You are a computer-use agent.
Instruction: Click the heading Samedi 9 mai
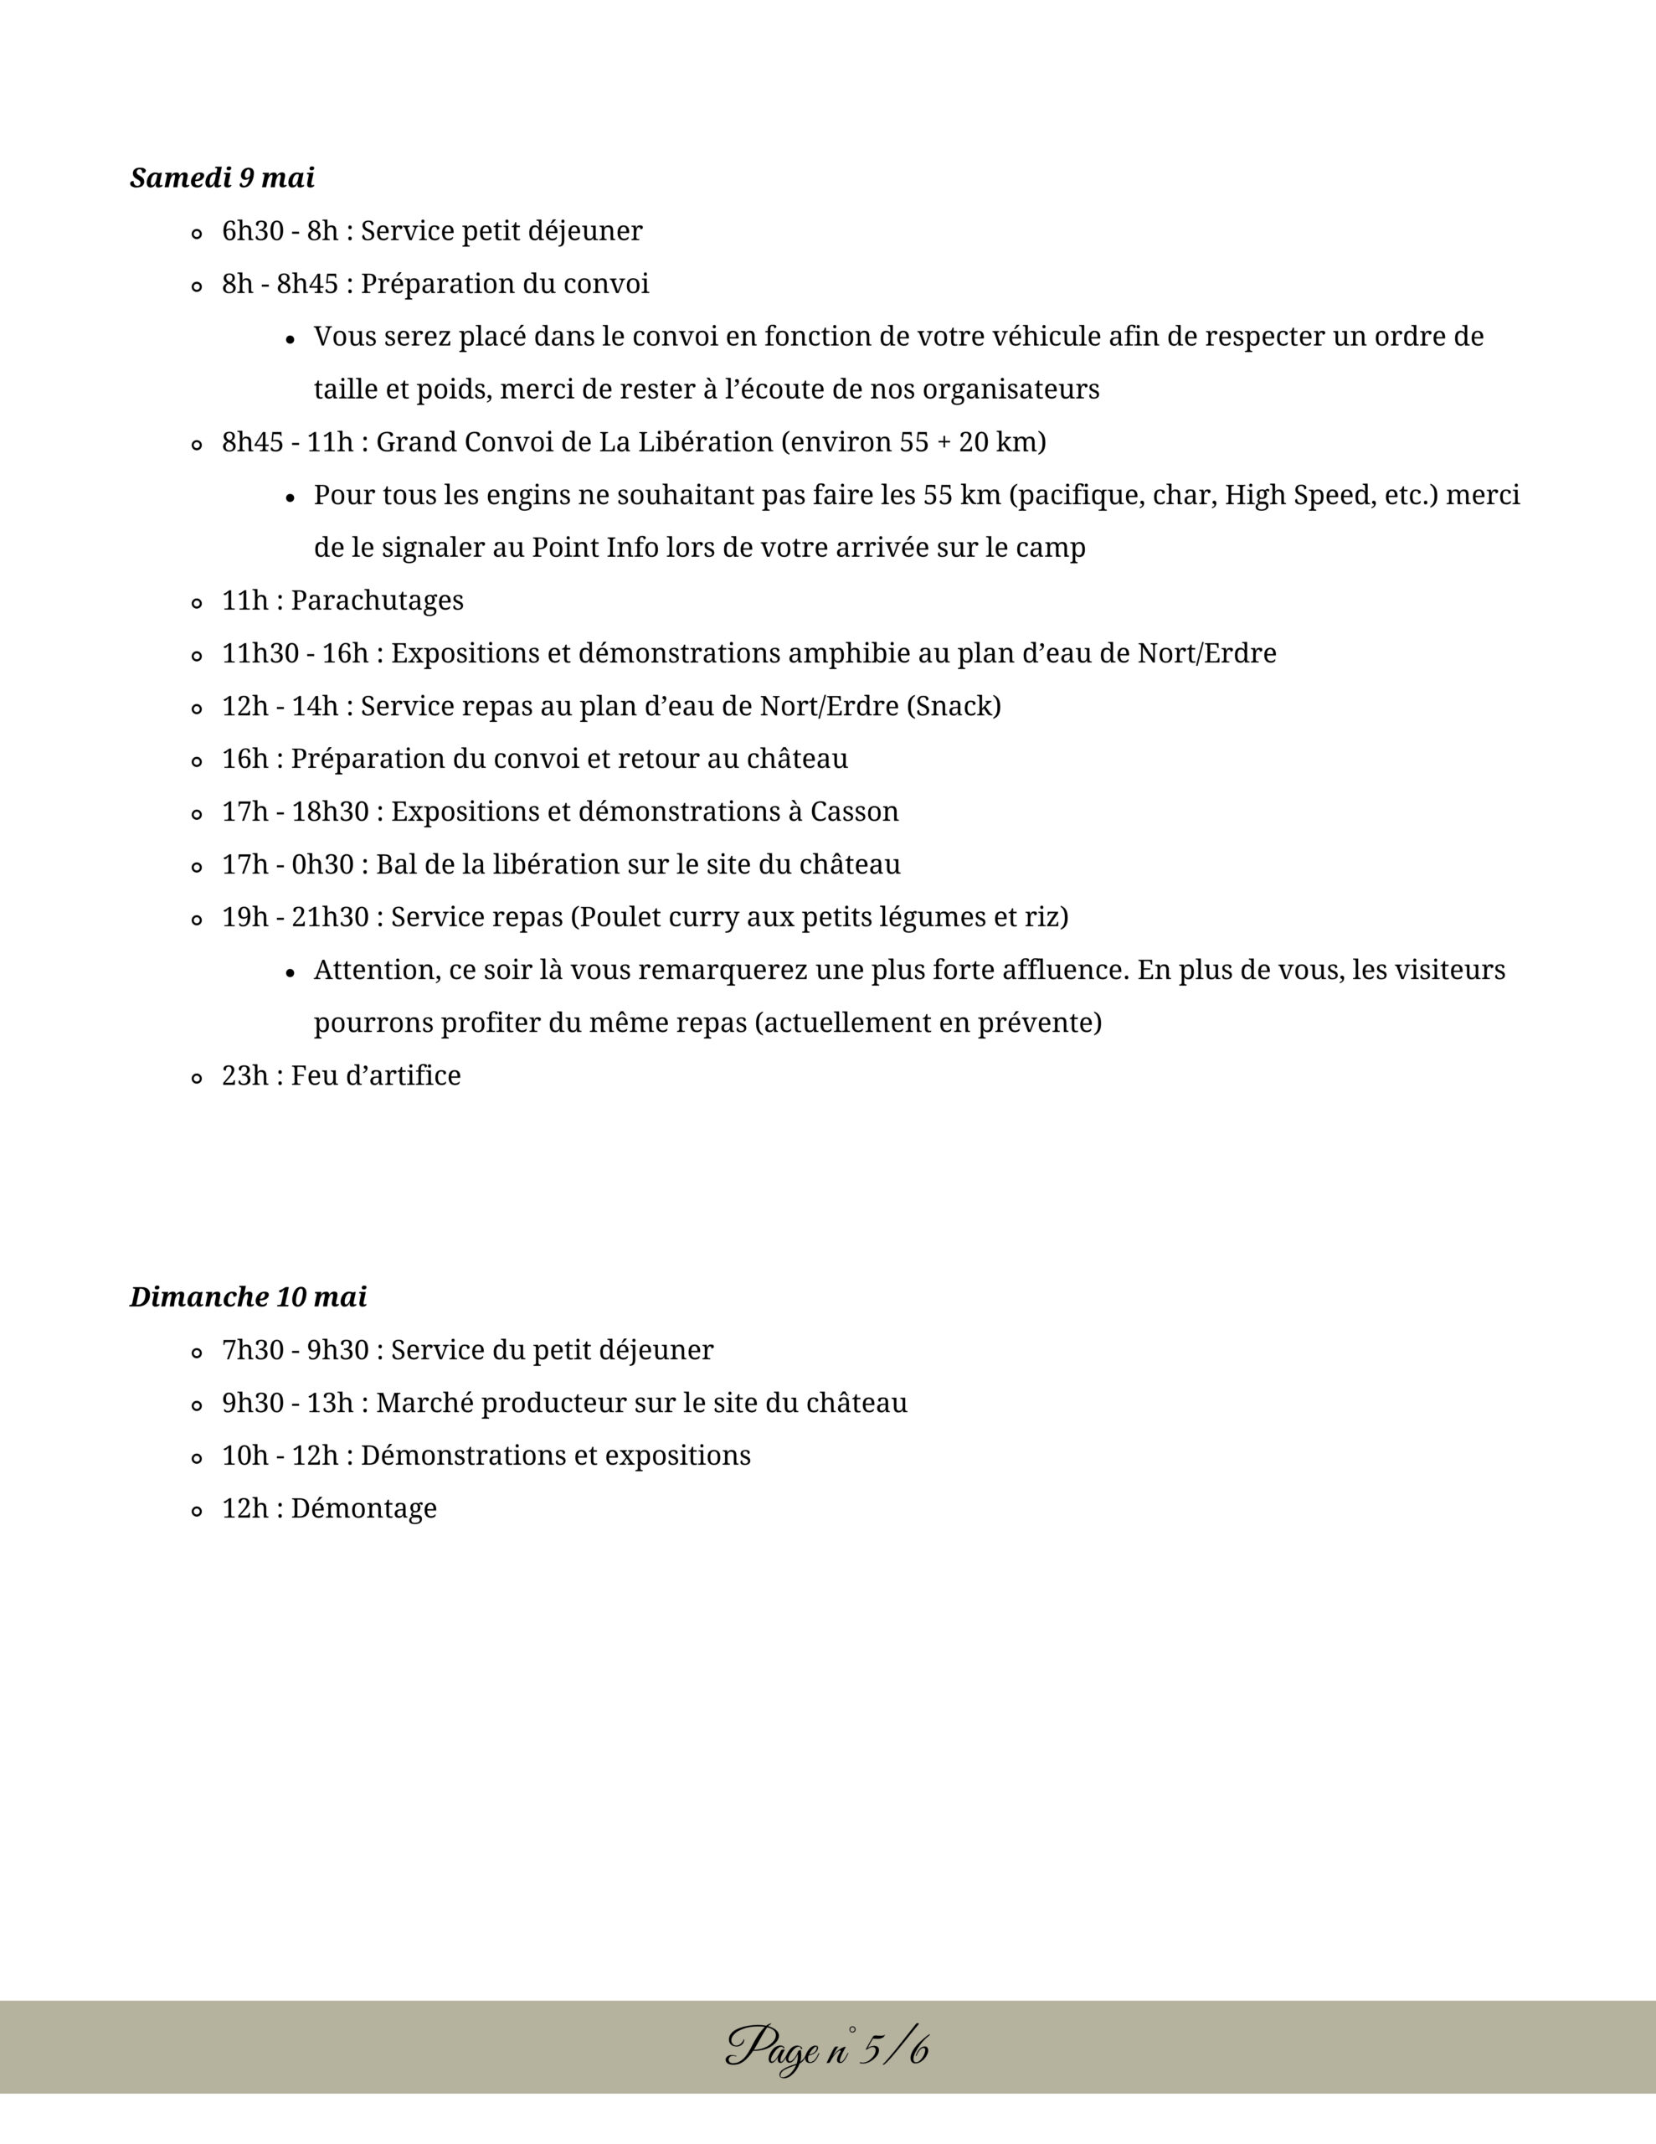coord(222,178)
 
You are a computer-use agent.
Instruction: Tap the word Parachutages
coord(377,600)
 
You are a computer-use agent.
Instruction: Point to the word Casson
coord(854,811)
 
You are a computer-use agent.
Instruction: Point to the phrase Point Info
coord(595,547)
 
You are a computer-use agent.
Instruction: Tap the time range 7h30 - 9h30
coord(295,1350)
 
